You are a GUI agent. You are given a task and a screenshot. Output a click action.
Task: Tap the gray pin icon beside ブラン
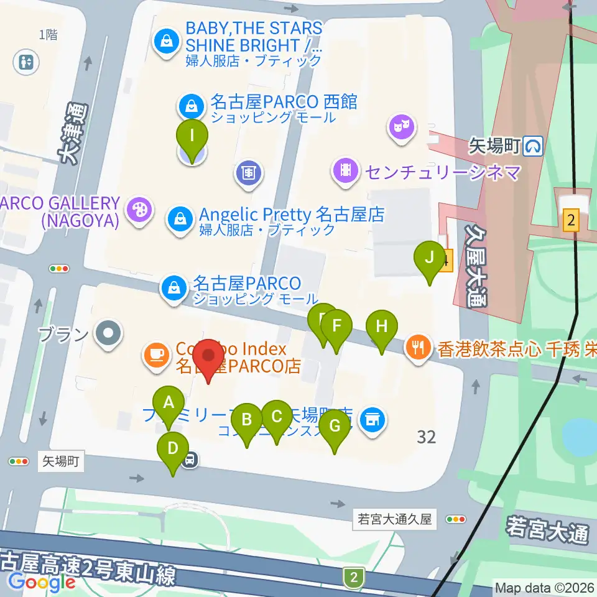point(108,334)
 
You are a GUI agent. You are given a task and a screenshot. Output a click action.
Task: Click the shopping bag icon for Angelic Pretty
point(179,218)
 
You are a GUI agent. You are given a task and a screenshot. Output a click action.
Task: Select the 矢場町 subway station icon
point(533,146)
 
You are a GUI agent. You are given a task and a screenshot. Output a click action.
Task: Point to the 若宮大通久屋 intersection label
point(395,519)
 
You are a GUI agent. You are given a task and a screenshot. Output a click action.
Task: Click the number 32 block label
point(427,437)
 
